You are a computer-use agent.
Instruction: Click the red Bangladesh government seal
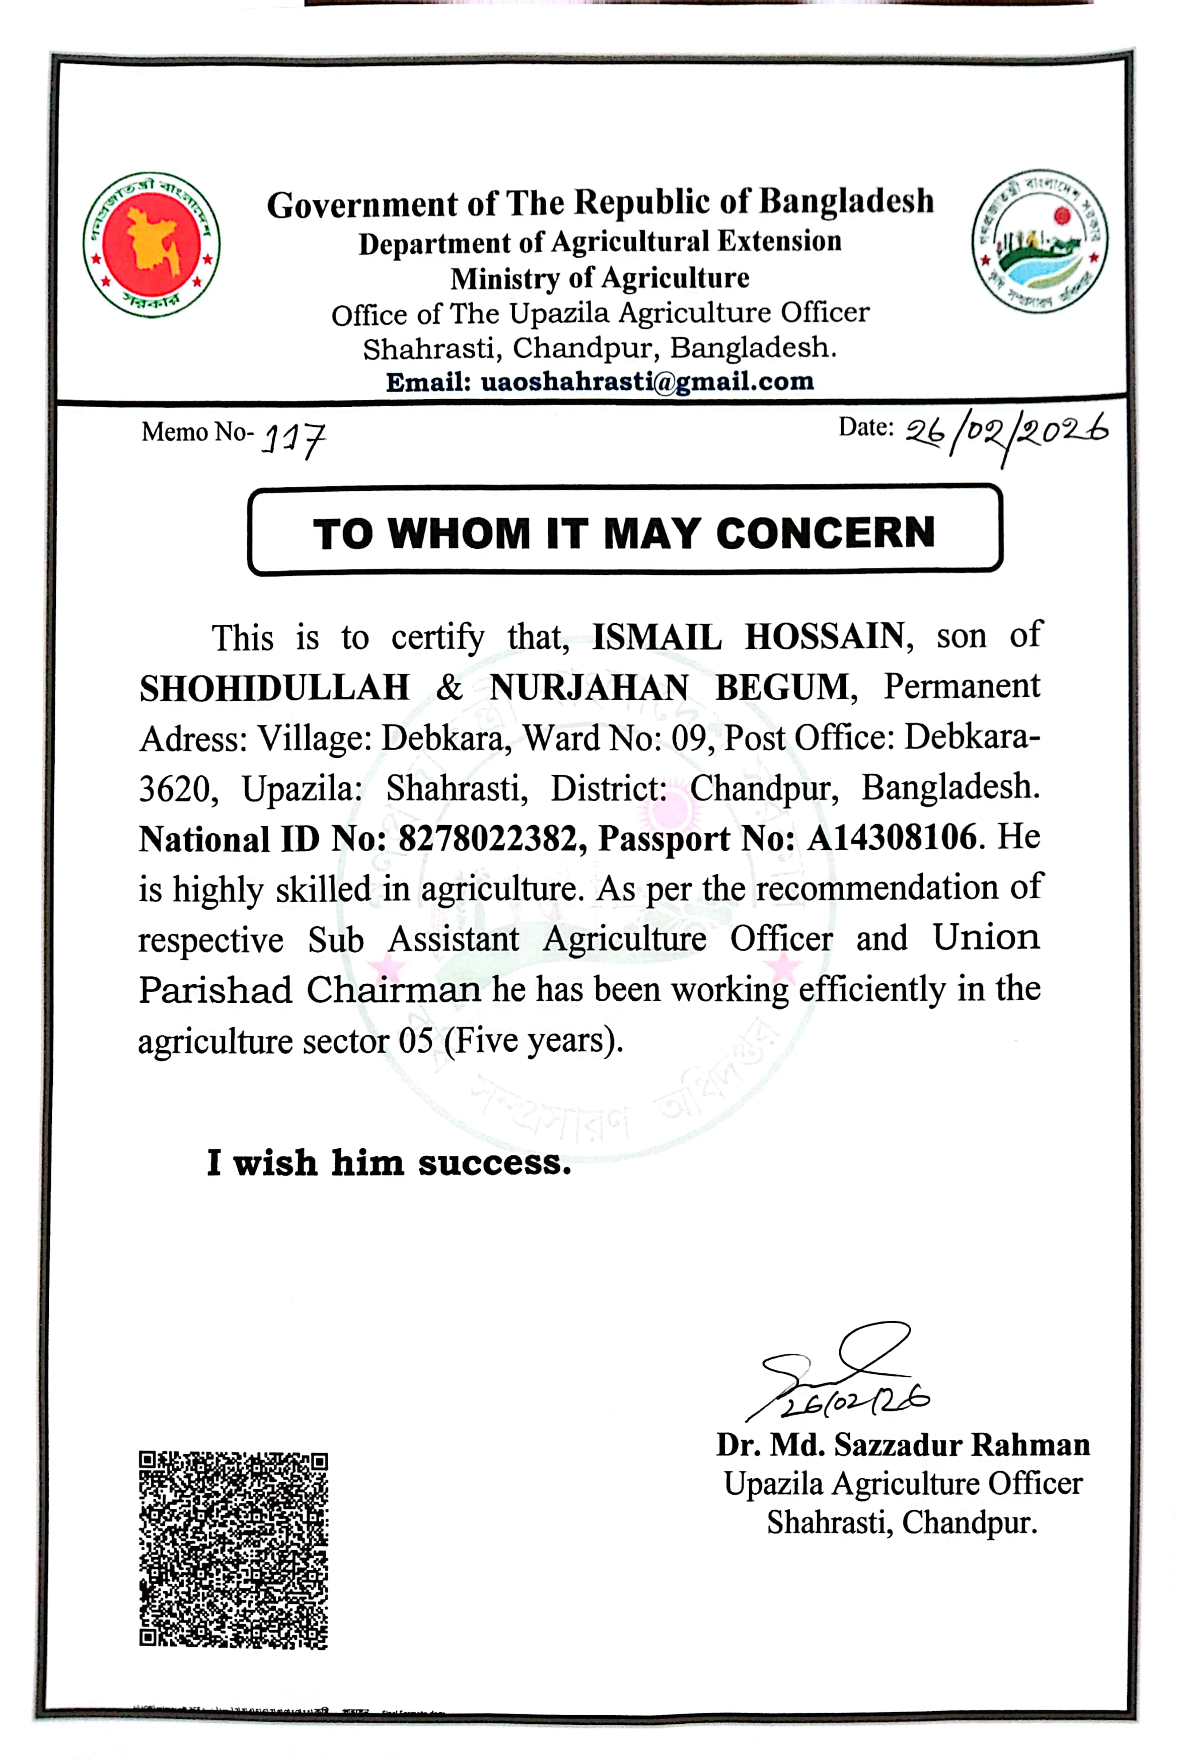[x=152, y=244]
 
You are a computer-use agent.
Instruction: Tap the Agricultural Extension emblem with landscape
[x=1040, y=241]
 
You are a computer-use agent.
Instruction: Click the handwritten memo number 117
[x=293, y=439]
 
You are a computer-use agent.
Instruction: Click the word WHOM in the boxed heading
[x=459, y=534]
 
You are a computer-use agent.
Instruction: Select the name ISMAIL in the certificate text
[x=657, y=636]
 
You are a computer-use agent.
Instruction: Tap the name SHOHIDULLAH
[x=275, y=688]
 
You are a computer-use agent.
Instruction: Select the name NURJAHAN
[x=589, y=688]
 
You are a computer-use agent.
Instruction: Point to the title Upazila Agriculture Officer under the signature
[x=903, y=1483]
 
